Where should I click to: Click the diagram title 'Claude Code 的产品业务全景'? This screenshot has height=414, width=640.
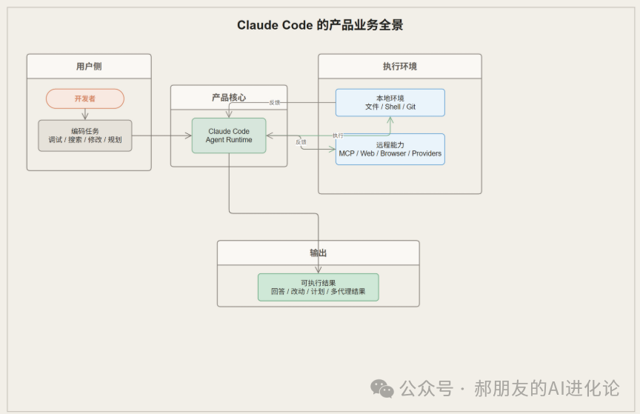(320, 25)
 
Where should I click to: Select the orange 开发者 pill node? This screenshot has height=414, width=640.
(85, 99)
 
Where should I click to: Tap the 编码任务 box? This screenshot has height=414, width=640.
(85, 136)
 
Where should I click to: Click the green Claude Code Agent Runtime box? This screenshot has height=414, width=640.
(229, 136)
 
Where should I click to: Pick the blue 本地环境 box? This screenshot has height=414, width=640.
(390, 103)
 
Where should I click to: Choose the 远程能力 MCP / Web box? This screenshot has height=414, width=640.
(390, 149)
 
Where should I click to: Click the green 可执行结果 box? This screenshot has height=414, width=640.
(319, 287)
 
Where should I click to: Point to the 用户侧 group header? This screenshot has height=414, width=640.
(89, 67)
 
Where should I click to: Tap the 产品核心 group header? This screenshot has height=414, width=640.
(229, 98)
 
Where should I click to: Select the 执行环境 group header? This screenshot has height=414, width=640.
(400, 67)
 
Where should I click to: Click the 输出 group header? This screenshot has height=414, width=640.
(319, 253)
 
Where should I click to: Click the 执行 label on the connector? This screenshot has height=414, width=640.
(338, 136)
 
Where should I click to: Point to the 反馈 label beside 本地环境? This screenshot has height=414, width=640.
(275, 102)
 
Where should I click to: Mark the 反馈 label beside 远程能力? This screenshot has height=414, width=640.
(301, 142)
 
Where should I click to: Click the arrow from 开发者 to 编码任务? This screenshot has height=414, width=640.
(85, 114)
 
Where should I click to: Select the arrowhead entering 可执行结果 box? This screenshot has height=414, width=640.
(319, 270)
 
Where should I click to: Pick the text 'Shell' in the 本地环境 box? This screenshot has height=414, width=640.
(393, 107)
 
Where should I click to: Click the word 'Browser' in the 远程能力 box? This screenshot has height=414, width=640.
(393, 154)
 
